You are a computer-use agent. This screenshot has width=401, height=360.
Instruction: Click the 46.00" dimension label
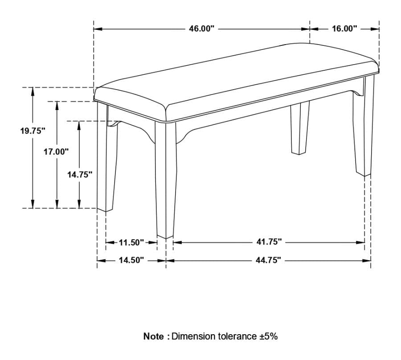click(201, 29)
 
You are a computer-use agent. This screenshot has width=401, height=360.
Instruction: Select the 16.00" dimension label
click(344, 29)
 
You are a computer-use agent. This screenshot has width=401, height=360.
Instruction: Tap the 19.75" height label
click(33, 131)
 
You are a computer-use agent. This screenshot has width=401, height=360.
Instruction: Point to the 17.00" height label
click(56, 151)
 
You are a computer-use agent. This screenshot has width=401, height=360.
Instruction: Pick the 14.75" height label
click(80, 175)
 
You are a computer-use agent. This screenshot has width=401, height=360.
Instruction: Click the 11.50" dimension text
click(131, 242)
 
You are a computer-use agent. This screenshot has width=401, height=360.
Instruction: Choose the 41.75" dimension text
click(269, 242)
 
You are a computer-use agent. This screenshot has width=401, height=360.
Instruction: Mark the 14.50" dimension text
click(131, 261)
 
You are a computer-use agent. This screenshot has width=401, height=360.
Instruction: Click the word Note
click(153, 336)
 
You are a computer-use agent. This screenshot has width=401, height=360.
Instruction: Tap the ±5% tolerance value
click(268, 336)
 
